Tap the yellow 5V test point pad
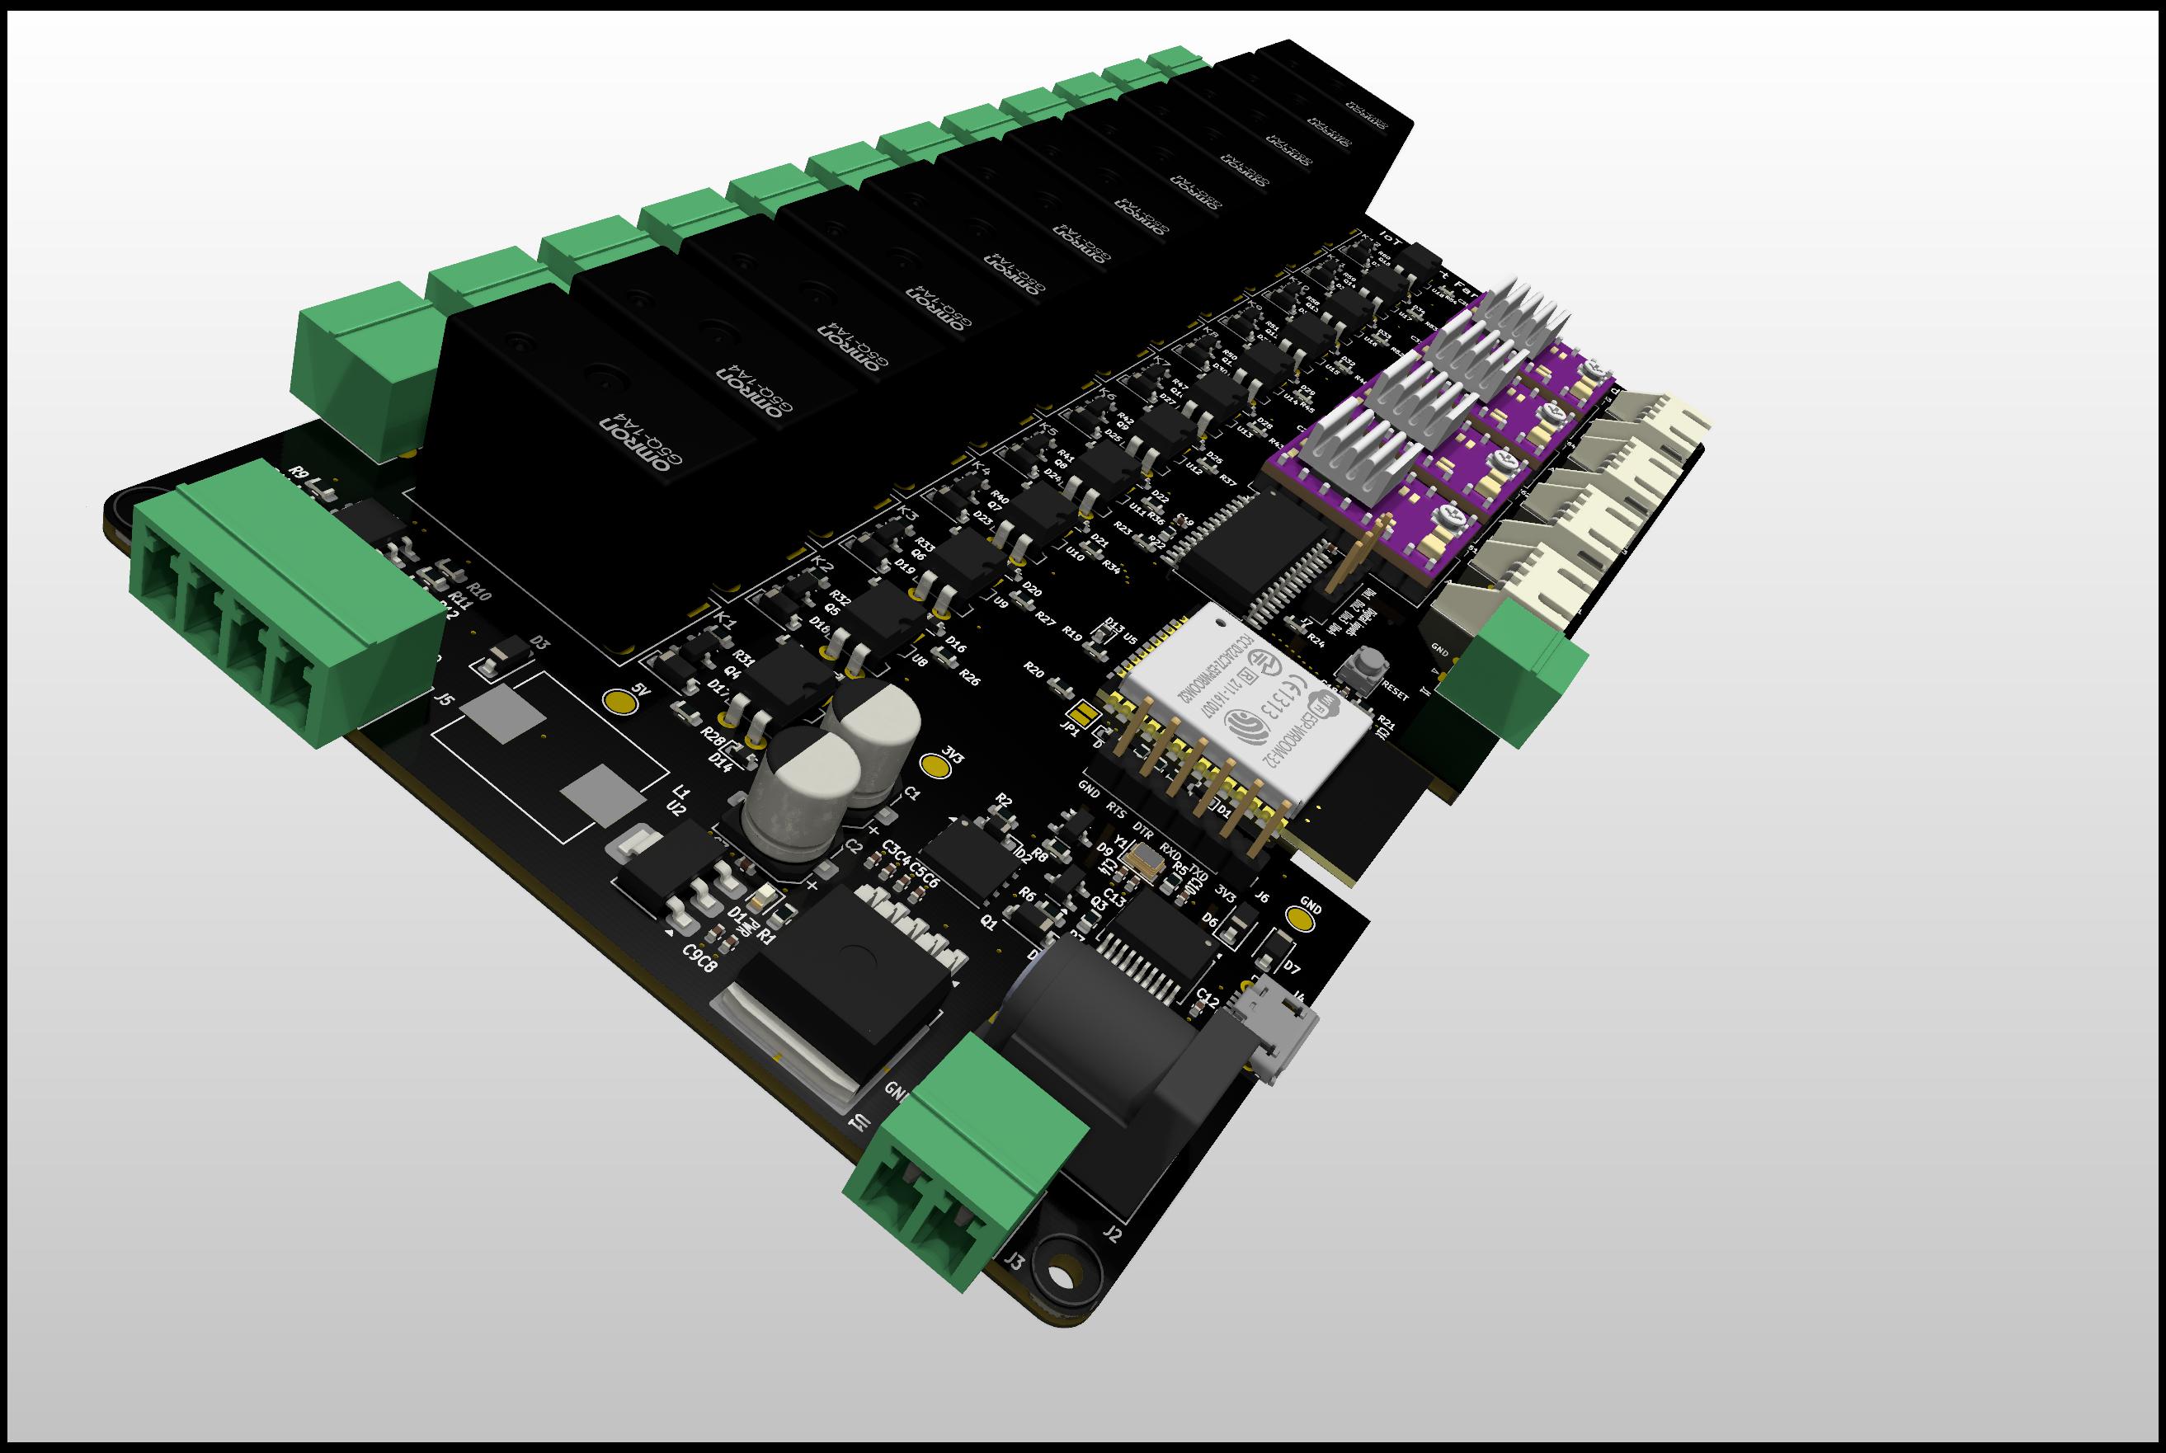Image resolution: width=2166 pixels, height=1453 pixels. click(x=619, y=702)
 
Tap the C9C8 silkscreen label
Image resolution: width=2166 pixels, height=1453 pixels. click(x=699, y=958)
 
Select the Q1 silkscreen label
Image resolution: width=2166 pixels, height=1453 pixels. click(x=989, y=923)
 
